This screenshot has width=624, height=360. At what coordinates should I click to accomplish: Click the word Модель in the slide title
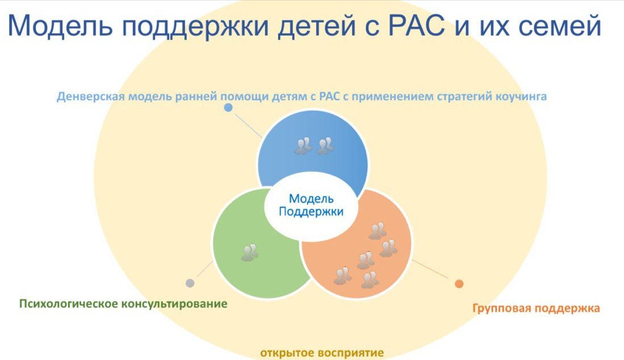(x=60, y=26)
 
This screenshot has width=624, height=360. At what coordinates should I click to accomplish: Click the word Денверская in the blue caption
(x=91, y=97)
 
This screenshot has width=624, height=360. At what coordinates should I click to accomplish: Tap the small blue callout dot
(x=228, y=107)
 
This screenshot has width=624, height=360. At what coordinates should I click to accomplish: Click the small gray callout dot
(x=190, y=283)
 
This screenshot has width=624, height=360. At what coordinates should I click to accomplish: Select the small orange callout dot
(x=459, y=283)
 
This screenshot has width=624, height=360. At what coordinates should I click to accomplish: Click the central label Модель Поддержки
(x=311, y=205)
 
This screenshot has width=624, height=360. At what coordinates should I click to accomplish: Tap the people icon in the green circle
(x=250, y=252)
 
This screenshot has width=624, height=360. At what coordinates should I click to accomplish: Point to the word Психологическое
(x=69, y=304)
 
